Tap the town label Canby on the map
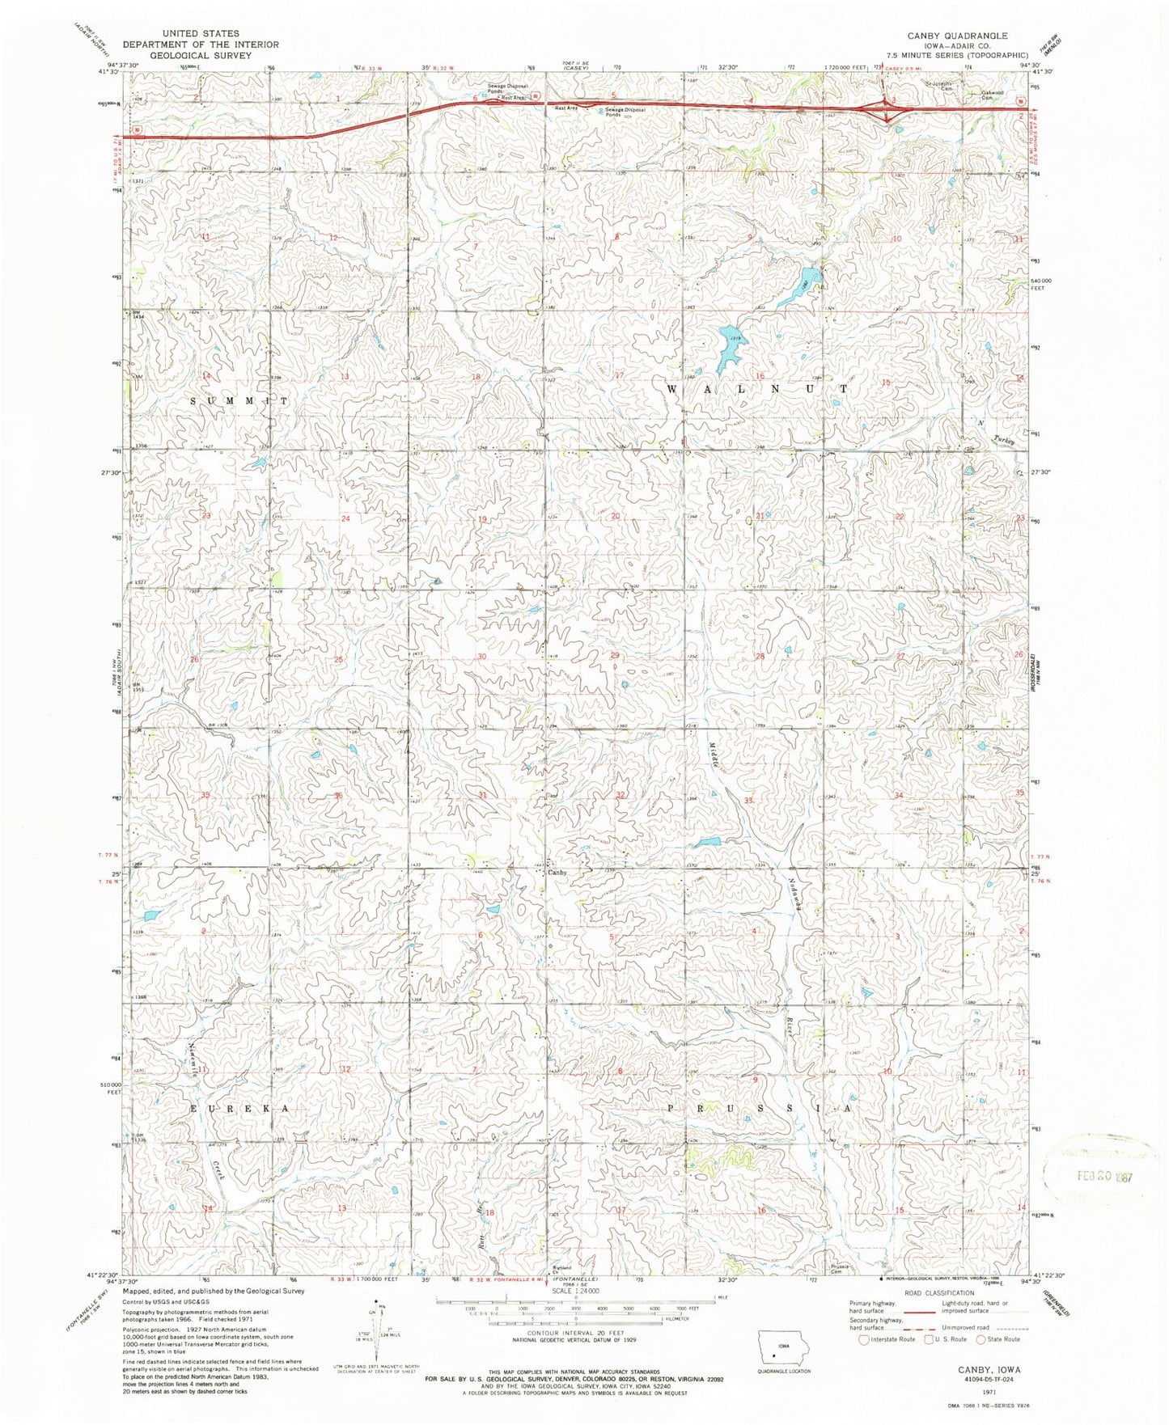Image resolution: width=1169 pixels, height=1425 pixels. tap(558, 873)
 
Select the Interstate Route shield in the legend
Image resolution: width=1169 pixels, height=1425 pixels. tap(865, 1339)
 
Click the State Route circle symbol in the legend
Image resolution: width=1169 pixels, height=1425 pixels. tap(983, 1339)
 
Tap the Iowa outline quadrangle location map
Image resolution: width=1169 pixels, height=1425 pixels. tap(777, 1343)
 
